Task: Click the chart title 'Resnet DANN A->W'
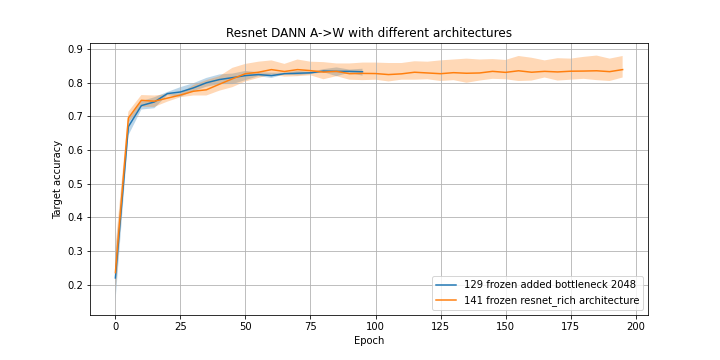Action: (368, 33)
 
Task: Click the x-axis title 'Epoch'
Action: (368, 341)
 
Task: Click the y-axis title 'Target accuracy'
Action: (58, 180)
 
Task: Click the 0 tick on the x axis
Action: (115, 325)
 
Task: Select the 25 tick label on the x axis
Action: (180, 325)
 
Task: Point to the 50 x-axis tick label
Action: (245, 325)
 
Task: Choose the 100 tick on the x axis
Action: (375, 325)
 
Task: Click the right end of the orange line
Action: (622, 70)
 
